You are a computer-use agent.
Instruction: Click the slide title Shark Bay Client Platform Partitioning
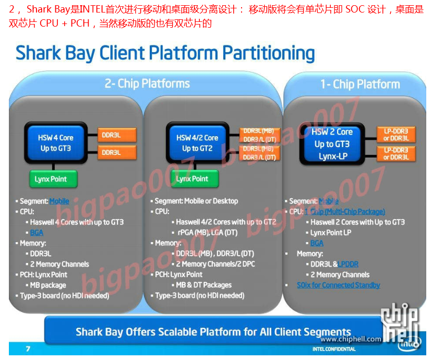click(x=165, y=54)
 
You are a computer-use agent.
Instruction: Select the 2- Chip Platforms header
click(x=147, y=83)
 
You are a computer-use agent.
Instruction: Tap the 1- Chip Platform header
click(x=360, y=85)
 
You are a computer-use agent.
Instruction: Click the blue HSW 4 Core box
click(x=55, y=143)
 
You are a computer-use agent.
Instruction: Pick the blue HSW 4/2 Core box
click(x=197, y=143)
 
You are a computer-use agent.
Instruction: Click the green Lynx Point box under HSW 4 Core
click(x=51, y=179)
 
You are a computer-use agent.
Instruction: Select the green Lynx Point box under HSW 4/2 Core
click(x=192, y=179)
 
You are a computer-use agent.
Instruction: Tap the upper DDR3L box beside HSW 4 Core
click(x=116, y=135)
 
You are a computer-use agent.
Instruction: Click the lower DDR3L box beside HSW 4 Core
click(x=116, y=152)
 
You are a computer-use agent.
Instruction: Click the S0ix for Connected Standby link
click(x=338, y=285)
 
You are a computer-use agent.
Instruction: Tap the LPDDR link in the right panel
click(x=348, y=264)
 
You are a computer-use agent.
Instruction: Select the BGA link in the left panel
click(x=37, y=233)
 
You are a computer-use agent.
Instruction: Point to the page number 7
click(x=28, y=349)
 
